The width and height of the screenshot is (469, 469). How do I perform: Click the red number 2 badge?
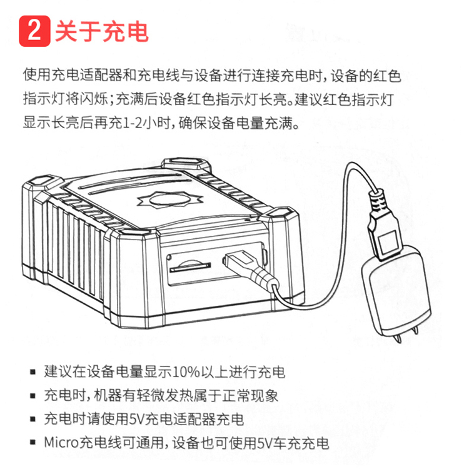(34, 31)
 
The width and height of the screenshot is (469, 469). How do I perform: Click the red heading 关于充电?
(102, 31)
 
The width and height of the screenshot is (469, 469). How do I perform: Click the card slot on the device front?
(190, 267)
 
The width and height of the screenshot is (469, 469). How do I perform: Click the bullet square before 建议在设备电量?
(33, 373)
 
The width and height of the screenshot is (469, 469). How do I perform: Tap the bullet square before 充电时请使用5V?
(33, 420)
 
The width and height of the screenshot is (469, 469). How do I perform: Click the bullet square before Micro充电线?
(33, 443)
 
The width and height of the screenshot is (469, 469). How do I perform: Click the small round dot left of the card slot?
(169, 257)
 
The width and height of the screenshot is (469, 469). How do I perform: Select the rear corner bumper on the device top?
(186, 164)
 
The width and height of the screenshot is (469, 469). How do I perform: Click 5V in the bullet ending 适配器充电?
(136, 419)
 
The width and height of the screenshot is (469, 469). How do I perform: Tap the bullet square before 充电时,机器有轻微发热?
(33, 396)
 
